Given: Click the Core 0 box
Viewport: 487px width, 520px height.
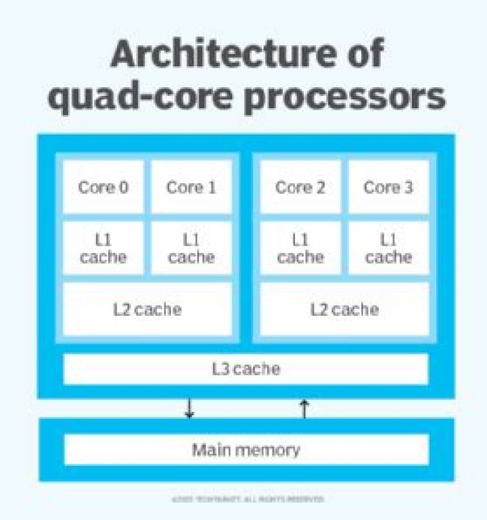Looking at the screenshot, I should (x=103, y=187).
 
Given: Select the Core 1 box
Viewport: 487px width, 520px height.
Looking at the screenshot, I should (x=191, y=187).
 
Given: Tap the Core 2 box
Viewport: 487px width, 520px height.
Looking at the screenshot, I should (x=300, y=187).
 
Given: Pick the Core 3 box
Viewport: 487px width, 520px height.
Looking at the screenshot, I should (x=388, y=187).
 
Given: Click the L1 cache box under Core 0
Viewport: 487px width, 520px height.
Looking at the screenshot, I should (x=103, y=248).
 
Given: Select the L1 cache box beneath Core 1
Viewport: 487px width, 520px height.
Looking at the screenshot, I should (x=191, y=248).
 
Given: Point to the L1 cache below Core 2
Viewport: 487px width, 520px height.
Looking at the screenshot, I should (x=300, y=248).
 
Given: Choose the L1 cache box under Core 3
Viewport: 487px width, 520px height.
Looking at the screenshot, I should (x=388, y=248).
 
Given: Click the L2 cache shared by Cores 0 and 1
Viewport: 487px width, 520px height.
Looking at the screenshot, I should (x=147, y=310).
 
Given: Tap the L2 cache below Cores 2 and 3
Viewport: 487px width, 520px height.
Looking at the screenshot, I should (x=344, y=310).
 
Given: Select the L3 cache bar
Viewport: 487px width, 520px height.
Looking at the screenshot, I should (x=246, y=369).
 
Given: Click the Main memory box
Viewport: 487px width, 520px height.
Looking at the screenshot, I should (x=246, y=450).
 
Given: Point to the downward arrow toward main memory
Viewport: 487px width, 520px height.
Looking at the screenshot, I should (x=189, y=408).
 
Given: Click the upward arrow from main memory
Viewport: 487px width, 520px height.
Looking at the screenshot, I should (x=304, y=408).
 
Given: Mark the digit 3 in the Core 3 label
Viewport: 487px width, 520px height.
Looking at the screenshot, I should (x=407, y=187).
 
